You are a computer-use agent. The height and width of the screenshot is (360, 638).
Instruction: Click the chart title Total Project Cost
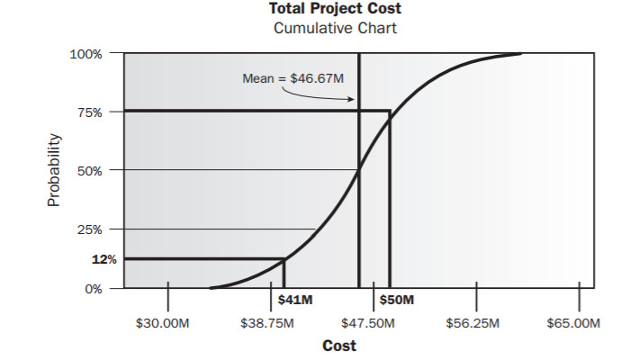[x=335, y=9]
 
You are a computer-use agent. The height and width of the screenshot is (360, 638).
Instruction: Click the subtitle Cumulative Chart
[x=335, y=28]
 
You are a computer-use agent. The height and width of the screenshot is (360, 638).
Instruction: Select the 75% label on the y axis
[x=88, y=112]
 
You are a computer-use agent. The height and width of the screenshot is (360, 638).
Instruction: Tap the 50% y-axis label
[x=88, y=170]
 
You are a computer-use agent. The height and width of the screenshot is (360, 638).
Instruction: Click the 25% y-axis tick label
[x=88, y=229]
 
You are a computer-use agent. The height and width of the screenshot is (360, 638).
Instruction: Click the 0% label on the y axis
[x=92, y=289]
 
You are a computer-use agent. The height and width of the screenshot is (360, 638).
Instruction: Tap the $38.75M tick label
[x=267, y=322]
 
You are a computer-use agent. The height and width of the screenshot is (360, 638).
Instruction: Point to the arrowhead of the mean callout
[x=352, y=99]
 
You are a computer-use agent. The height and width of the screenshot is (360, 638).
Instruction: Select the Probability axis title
[x=53, y=171]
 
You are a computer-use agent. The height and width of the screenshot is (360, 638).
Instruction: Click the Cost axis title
[x=338, y=346]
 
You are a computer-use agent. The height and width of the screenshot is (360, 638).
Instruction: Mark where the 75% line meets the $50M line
[x=390, y=111]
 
